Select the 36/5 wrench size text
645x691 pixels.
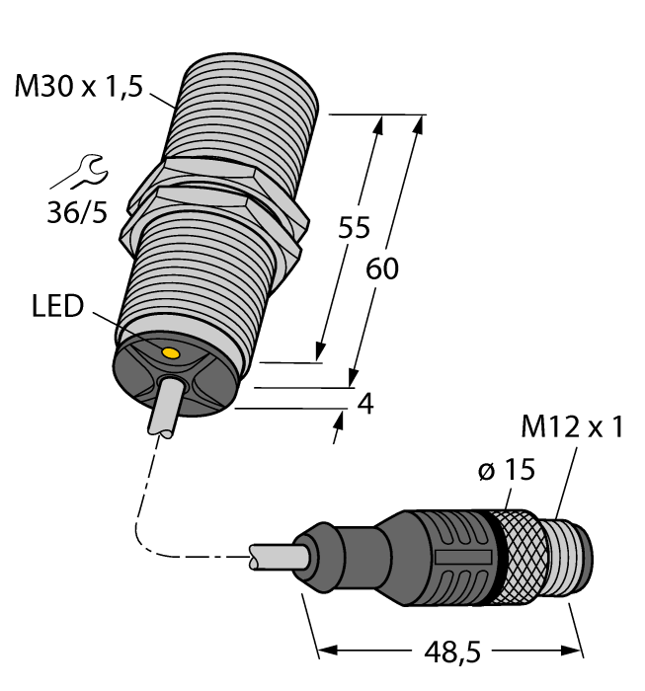pyautogui.click(x=78, y=211)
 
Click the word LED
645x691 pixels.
pyautogui.click(x=58, y=307)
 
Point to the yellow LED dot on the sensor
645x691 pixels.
pyautogui.click(x=170, y=352)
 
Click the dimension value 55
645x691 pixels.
pyautogui.click(x=353, y=228)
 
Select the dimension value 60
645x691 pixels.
pyautogui.click(x=382, y=268)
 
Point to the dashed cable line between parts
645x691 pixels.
pyautogui.click(x=148, y=513)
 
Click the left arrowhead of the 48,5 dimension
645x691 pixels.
pyautogui.click(x=326, y=652)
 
